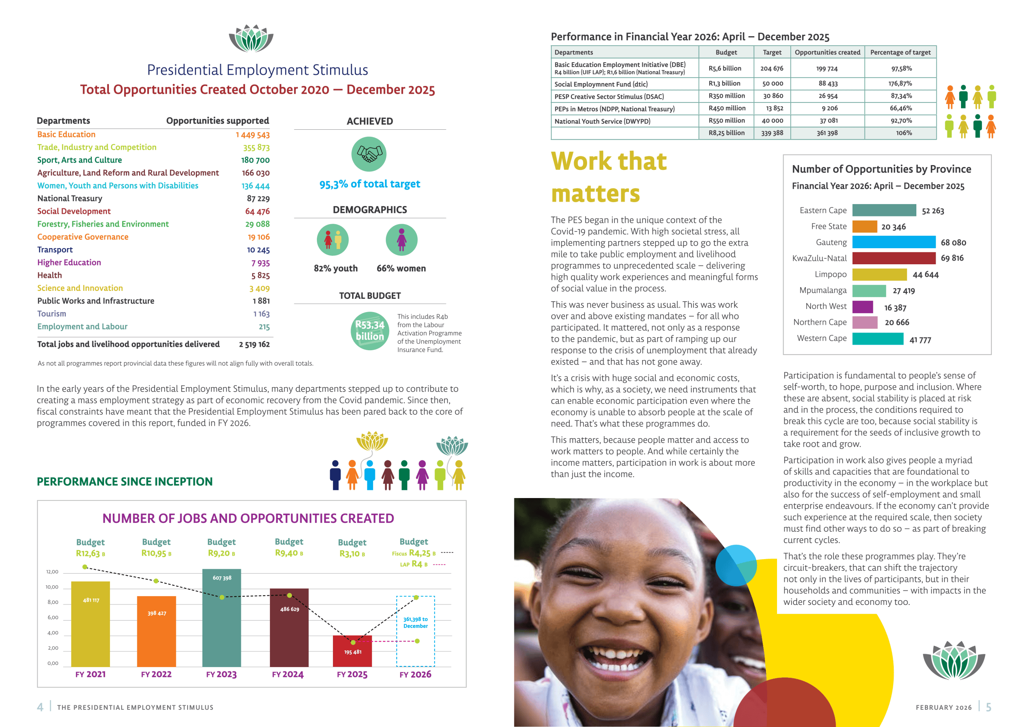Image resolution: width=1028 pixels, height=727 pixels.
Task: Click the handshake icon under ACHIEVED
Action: [369, 154]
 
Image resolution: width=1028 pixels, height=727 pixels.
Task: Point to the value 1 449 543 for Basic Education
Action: [253, 135]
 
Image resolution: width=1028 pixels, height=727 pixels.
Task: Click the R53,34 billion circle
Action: [370, 331]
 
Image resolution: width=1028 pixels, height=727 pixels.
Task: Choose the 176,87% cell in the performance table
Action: [900, 84]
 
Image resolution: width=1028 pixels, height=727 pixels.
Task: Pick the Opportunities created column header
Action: [827, 52]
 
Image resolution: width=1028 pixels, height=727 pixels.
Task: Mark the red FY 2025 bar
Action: [352, 651]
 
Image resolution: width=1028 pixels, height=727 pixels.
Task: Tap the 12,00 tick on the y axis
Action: [52, 572]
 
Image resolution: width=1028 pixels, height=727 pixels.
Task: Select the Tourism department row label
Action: [51, 314]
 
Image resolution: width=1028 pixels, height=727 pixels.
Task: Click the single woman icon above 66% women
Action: [402, 240]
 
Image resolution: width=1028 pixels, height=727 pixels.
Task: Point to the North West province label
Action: [826, 306]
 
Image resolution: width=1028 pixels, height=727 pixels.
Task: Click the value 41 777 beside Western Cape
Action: [920, 340]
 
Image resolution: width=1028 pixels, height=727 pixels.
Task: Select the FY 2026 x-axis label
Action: [415, 674]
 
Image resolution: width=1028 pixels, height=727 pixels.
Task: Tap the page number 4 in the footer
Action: [40, 707]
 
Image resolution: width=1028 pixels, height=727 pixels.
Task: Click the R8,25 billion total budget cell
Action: [726, 133]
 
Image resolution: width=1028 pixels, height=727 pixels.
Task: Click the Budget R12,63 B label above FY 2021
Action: [90, 548]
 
